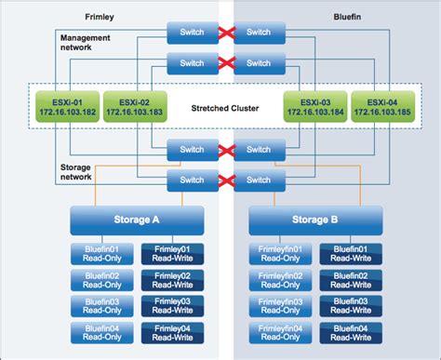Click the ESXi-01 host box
(60, 105)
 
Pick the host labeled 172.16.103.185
(381, 105)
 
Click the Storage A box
(137, 220)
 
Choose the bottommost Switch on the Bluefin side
(254, 180)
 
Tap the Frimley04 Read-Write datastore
(171, 332)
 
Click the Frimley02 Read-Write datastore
(171, 281)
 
